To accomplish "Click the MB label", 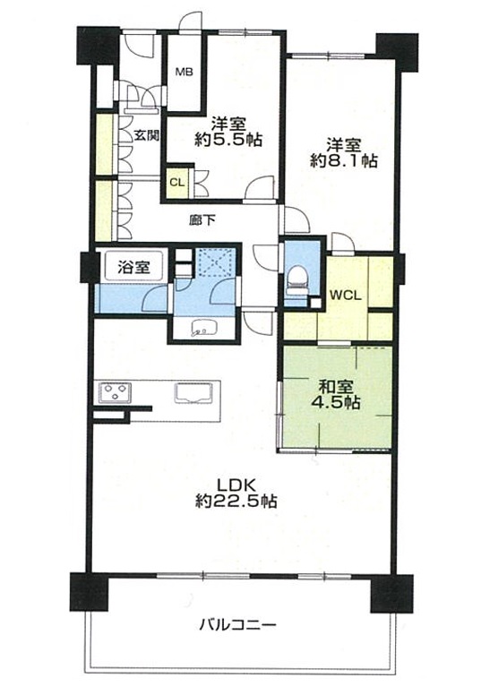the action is [x=184, y=72].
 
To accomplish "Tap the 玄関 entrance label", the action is [x=146, y=135].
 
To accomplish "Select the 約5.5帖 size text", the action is [x=228, y=141].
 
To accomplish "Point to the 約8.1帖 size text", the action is [x=344, y=161].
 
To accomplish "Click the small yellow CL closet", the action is [x=177, y=182].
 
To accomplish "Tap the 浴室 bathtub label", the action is [x=133, y=267].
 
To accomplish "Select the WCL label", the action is [x=346, y=296].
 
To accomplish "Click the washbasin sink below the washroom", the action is [x=204, y=327].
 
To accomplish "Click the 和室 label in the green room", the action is [x=336, y=387].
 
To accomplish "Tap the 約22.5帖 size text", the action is [x=236, y=501].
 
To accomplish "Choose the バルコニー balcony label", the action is [x=237, y=625].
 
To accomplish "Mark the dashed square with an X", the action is [x=214, y=262].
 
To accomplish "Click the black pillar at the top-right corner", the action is [x=397, y=52].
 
